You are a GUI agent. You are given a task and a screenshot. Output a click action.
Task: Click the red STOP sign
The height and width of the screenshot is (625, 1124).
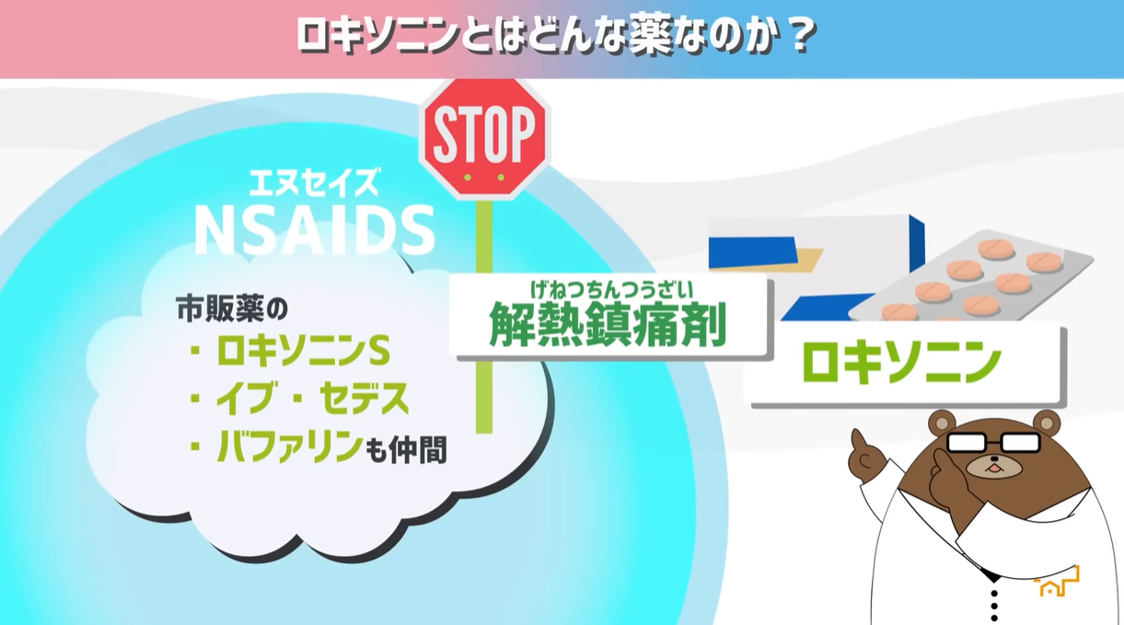(x=485, y=137)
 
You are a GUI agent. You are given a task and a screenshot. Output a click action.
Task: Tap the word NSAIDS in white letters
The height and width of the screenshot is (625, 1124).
(x=315, y=231)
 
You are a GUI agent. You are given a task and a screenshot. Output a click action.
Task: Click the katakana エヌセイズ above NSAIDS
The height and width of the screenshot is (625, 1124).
(x=314, y=183)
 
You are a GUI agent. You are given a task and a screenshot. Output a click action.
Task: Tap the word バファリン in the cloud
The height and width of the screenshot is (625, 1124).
(x=288, y=447)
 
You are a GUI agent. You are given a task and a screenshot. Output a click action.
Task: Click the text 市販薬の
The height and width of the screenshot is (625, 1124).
(x=232, y=308)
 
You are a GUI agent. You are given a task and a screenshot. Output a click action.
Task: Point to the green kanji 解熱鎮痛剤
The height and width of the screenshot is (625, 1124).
(x=608, y=324)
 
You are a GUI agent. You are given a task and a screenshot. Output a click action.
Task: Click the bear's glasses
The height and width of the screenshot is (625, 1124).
(x=992, y=442)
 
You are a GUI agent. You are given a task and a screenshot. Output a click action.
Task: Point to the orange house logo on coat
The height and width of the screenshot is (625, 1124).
(x=1057, y=584)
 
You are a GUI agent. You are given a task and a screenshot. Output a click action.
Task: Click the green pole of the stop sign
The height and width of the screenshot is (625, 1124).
(x=483, y=315)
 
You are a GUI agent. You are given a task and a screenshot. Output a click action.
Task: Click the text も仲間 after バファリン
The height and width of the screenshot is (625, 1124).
(x=405, y=449)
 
